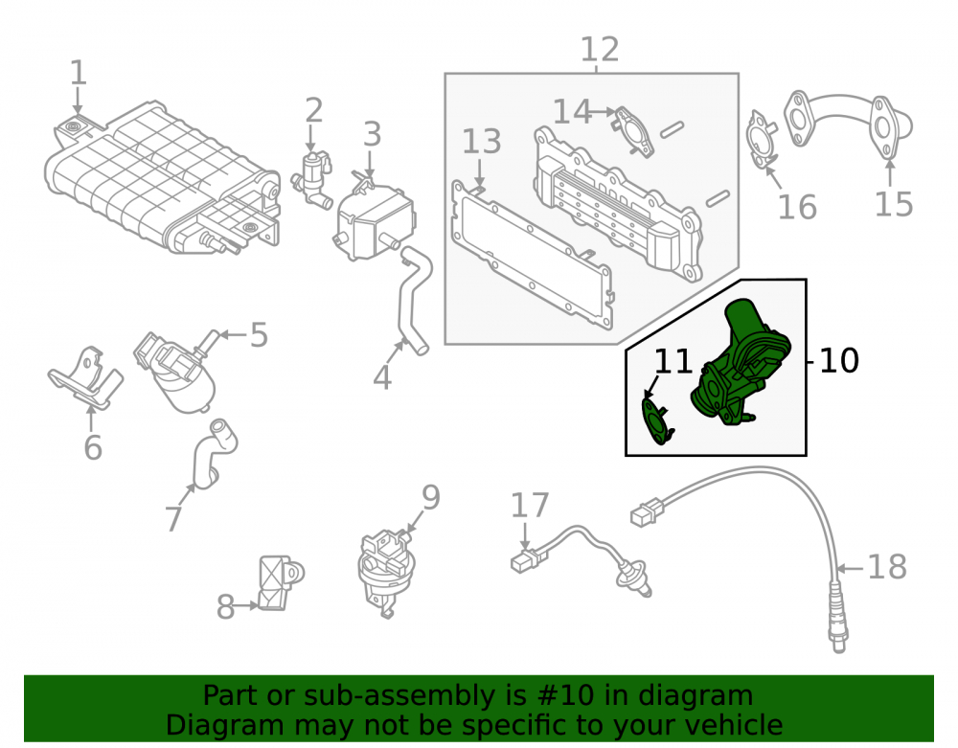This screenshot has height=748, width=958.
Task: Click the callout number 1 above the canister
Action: (78, 74)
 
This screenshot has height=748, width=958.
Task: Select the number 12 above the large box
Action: (600, 50)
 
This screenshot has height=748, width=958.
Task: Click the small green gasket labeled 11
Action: (657, 421)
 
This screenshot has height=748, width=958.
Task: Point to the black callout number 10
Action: (839, 360)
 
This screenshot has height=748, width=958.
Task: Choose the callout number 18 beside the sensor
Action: (886, 567)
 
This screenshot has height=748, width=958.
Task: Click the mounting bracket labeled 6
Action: (85, 378)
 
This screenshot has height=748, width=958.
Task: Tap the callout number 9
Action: (431, 498)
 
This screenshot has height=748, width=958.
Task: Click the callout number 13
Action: (482, 142)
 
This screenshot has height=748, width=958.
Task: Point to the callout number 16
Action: (797, 207)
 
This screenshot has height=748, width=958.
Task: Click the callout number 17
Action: (530, 506)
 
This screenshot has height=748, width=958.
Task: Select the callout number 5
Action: (259, 335)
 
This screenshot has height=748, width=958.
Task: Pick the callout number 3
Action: (372, 135)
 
